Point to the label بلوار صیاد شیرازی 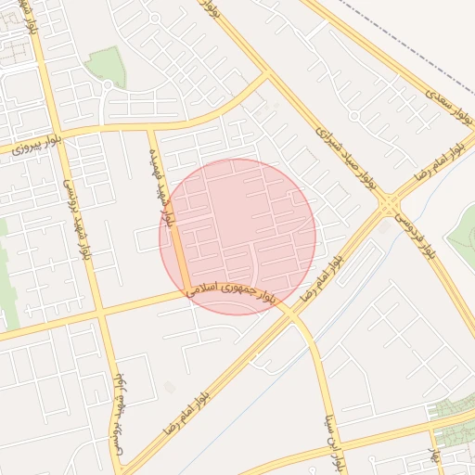pos(343,153)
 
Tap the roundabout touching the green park pos(107,89)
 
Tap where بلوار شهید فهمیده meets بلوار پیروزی pos(152,129)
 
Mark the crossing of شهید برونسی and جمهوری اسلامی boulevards pos(100,314)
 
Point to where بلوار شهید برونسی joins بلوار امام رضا pos(125,464)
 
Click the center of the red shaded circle pos(237,237)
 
